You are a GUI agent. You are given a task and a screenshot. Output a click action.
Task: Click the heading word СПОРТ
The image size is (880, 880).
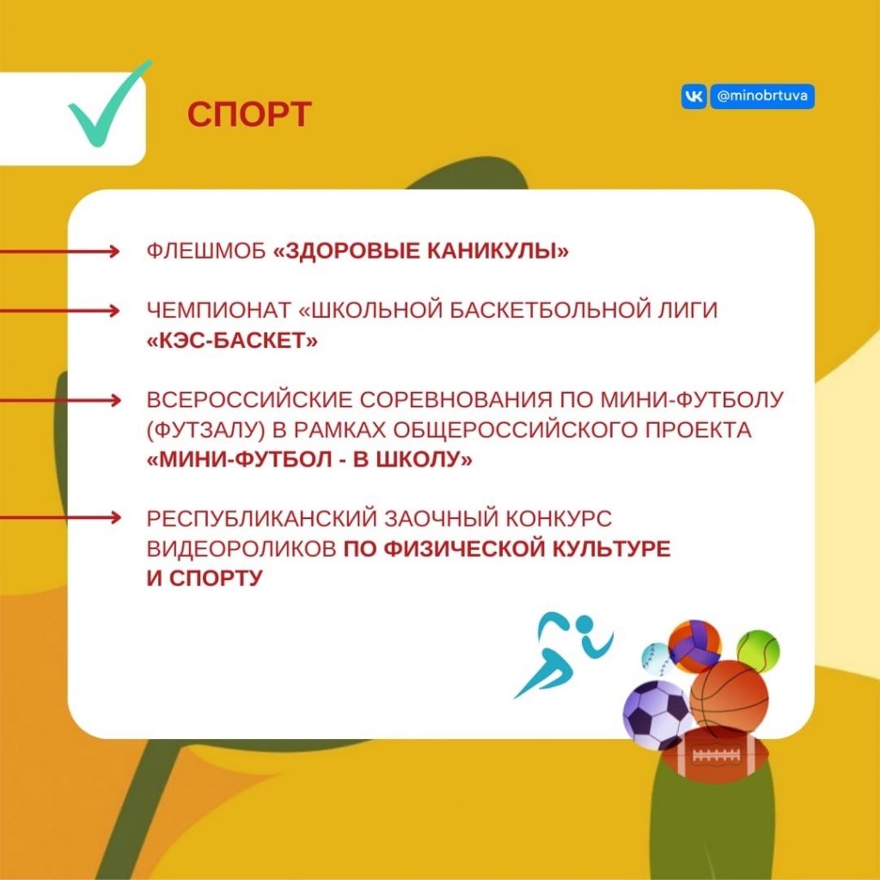(x=249, y=114)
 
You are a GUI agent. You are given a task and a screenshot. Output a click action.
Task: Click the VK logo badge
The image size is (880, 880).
(x=694, y=96)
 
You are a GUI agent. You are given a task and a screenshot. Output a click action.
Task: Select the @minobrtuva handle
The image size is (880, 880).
(x=761, y=96)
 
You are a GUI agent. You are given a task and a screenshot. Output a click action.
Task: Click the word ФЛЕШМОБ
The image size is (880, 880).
(x=206, y=251)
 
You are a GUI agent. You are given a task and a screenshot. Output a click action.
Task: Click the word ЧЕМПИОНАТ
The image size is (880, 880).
(x=219, y=310)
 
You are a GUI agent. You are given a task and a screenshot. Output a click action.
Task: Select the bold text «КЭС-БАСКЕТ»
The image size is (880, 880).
(x=232, y=340)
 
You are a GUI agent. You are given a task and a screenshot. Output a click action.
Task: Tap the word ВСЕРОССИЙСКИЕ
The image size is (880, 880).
(x=248, y=400)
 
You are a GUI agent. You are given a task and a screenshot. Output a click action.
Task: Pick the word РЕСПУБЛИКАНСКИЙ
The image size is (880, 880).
(x=261, y=518)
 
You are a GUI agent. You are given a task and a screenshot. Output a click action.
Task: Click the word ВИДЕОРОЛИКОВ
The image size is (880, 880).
(x=241, y=548)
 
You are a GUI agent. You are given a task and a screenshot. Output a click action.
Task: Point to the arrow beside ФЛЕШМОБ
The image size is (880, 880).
(x=60, y=252)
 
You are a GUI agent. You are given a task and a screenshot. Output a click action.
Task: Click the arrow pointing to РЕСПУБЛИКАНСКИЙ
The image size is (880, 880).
(x=60, y=516)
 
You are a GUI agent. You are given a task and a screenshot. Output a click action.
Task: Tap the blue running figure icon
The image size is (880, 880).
(x=563, y=654)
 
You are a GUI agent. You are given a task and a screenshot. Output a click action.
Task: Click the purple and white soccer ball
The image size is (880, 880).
(x=657, y=715)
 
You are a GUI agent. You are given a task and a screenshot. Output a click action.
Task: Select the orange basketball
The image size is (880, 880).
(x=729, y=698)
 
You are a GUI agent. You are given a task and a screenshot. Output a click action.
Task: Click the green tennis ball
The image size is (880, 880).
(x=758, y=651)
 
